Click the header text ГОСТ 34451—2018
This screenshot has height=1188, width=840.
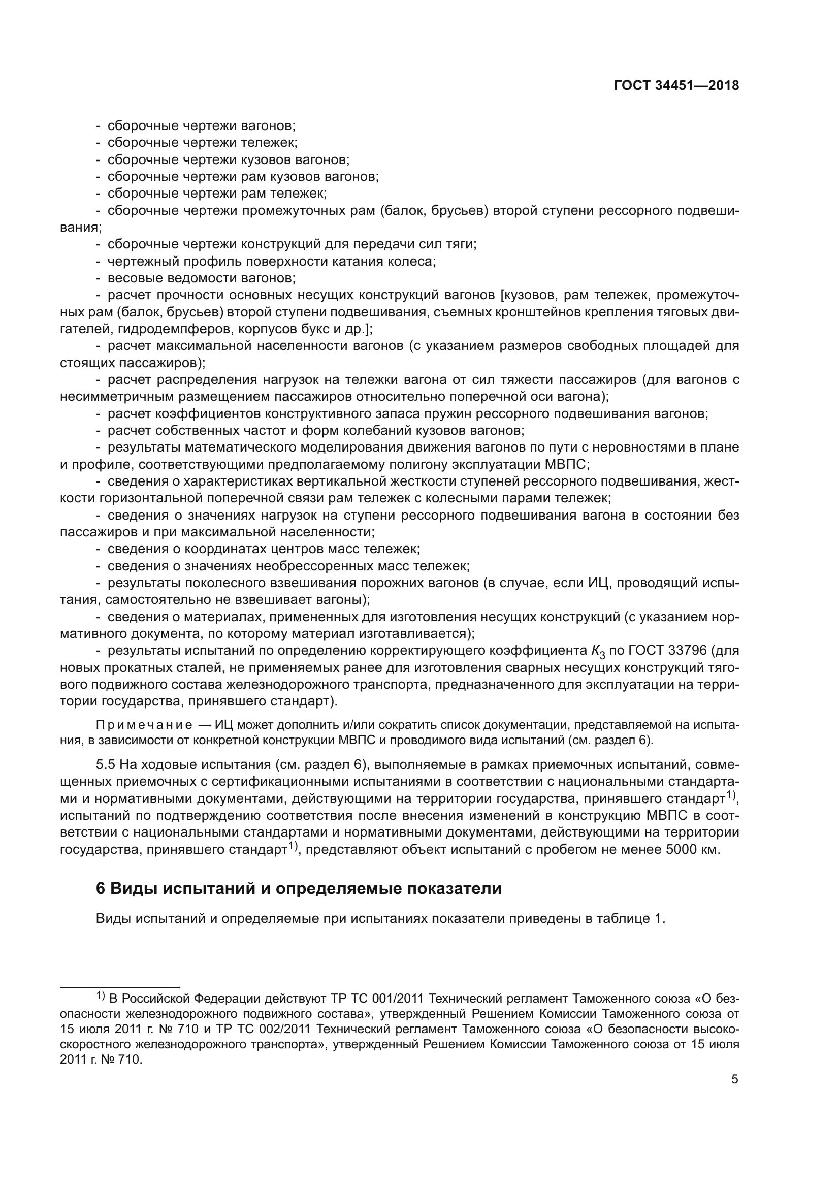(x=676, y=86)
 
